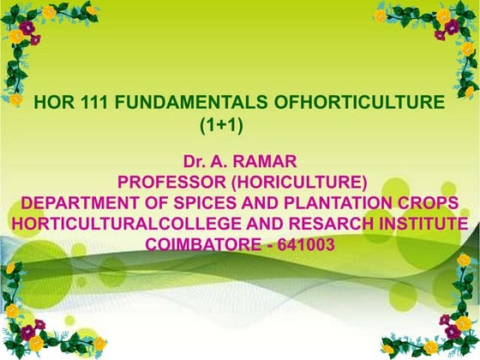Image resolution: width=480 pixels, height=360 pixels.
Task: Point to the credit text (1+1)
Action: tap(222, 125)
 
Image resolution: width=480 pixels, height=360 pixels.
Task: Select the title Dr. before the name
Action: tap(195, 161)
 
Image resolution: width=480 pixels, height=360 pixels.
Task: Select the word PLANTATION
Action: tap(338, 203)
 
